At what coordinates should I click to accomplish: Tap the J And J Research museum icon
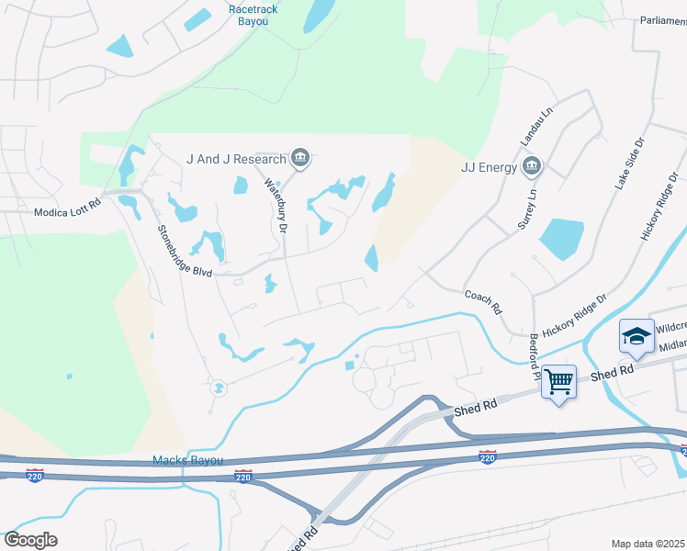click(299, 159)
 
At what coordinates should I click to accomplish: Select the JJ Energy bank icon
click(531, 166)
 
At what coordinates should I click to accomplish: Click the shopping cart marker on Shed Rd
click(558, 380)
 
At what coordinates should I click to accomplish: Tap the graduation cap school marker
click(636, 338)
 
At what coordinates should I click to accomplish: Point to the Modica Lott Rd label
click(67, 211)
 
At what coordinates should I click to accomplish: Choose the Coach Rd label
click(483, 301)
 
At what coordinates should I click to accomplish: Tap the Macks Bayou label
click(187, 460)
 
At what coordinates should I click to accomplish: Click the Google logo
click(30, 540)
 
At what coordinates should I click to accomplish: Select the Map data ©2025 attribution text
click(647, 544)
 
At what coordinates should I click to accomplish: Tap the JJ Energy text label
click(486, 167)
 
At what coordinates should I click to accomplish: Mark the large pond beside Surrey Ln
click(561, 239)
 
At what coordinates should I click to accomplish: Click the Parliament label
click(661, 21)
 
